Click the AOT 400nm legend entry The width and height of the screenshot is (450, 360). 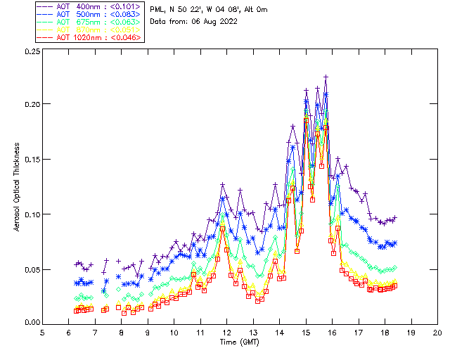90,6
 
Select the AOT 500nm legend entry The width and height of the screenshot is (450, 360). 90,14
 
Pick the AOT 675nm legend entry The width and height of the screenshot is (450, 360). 90,22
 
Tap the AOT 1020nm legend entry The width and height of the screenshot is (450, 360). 90,37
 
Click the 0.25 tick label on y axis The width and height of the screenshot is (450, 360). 32,52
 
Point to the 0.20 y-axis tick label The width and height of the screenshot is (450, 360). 32,104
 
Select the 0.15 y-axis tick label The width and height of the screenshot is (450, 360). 32,159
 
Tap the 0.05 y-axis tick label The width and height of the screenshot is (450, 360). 32,269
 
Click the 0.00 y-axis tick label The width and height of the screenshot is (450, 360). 32,323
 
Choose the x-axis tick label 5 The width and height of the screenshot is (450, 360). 42,332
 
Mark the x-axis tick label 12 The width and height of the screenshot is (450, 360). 226,332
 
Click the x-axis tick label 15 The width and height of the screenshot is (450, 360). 306,332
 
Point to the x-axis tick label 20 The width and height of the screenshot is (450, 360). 437,332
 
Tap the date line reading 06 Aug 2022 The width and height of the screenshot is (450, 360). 194,21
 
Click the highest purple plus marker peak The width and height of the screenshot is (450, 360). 326,77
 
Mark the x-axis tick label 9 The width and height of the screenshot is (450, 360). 148,332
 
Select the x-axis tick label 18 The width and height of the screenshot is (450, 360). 385,332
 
